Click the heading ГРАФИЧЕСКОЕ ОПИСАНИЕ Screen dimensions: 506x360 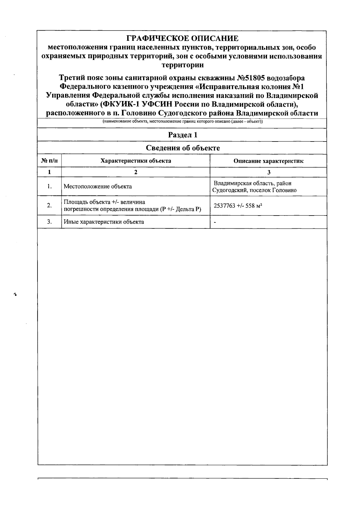[182, 38]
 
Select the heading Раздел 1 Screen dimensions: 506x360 [182, 135]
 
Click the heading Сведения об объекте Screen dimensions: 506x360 [182, 148]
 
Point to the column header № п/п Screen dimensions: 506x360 [49, 161]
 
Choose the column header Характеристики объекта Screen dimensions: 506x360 [136, 161]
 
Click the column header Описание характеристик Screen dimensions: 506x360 [268, 161]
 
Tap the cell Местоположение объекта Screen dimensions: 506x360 [98, 186]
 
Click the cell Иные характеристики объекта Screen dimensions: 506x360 [104, 222]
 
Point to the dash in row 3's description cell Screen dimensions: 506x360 [215, 222]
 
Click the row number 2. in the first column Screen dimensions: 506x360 [49, 205]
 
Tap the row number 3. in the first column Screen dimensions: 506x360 [49, 222]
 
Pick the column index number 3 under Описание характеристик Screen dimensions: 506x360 [268, 172]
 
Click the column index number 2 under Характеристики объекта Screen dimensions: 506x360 [136, 172]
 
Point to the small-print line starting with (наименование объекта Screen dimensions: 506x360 [182, 121]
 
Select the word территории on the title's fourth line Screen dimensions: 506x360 [182, 65]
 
